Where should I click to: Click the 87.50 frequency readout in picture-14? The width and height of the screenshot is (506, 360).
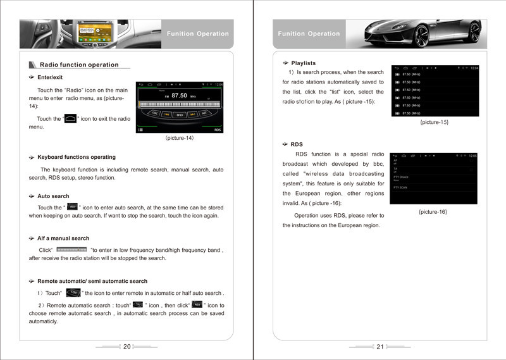tap(179, 95)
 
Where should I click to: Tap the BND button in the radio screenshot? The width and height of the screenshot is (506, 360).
tap(180, 115)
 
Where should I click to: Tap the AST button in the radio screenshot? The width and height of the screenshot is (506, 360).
tap(204, 113)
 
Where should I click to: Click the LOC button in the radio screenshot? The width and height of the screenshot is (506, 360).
tap(155, 113)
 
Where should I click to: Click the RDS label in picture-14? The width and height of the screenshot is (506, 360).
tap(218, 130)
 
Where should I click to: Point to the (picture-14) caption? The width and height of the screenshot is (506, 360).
tap(180, 138)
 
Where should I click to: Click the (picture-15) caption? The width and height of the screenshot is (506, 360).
tap(434, 122)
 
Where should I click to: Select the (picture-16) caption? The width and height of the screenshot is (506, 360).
tap(433, 211)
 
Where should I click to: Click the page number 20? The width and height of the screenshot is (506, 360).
tap(126, 346)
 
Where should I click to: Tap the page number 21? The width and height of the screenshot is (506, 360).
tap(379, 346)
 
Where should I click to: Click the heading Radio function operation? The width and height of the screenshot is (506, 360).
tap(79, 65)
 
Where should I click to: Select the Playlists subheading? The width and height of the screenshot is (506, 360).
tap(303, 63)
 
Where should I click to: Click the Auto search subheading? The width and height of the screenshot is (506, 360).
tap(53, 196)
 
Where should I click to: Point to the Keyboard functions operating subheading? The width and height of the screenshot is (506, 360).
tap(76, 157)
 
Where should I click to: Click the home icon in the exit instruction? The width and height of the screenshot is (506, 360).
tap(71, 118)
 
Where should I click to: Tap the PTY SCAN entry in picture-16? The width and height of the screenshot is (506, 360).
tap(400, 187)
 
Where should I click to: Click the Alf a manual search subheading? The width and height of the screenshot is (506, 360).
tap(63, 239)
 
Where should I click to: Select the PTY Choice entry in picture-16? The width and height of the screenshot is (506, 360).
tap(401, 177)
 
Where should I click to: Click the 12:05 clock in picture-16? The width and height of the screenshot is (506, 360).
tap(472, 156)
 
